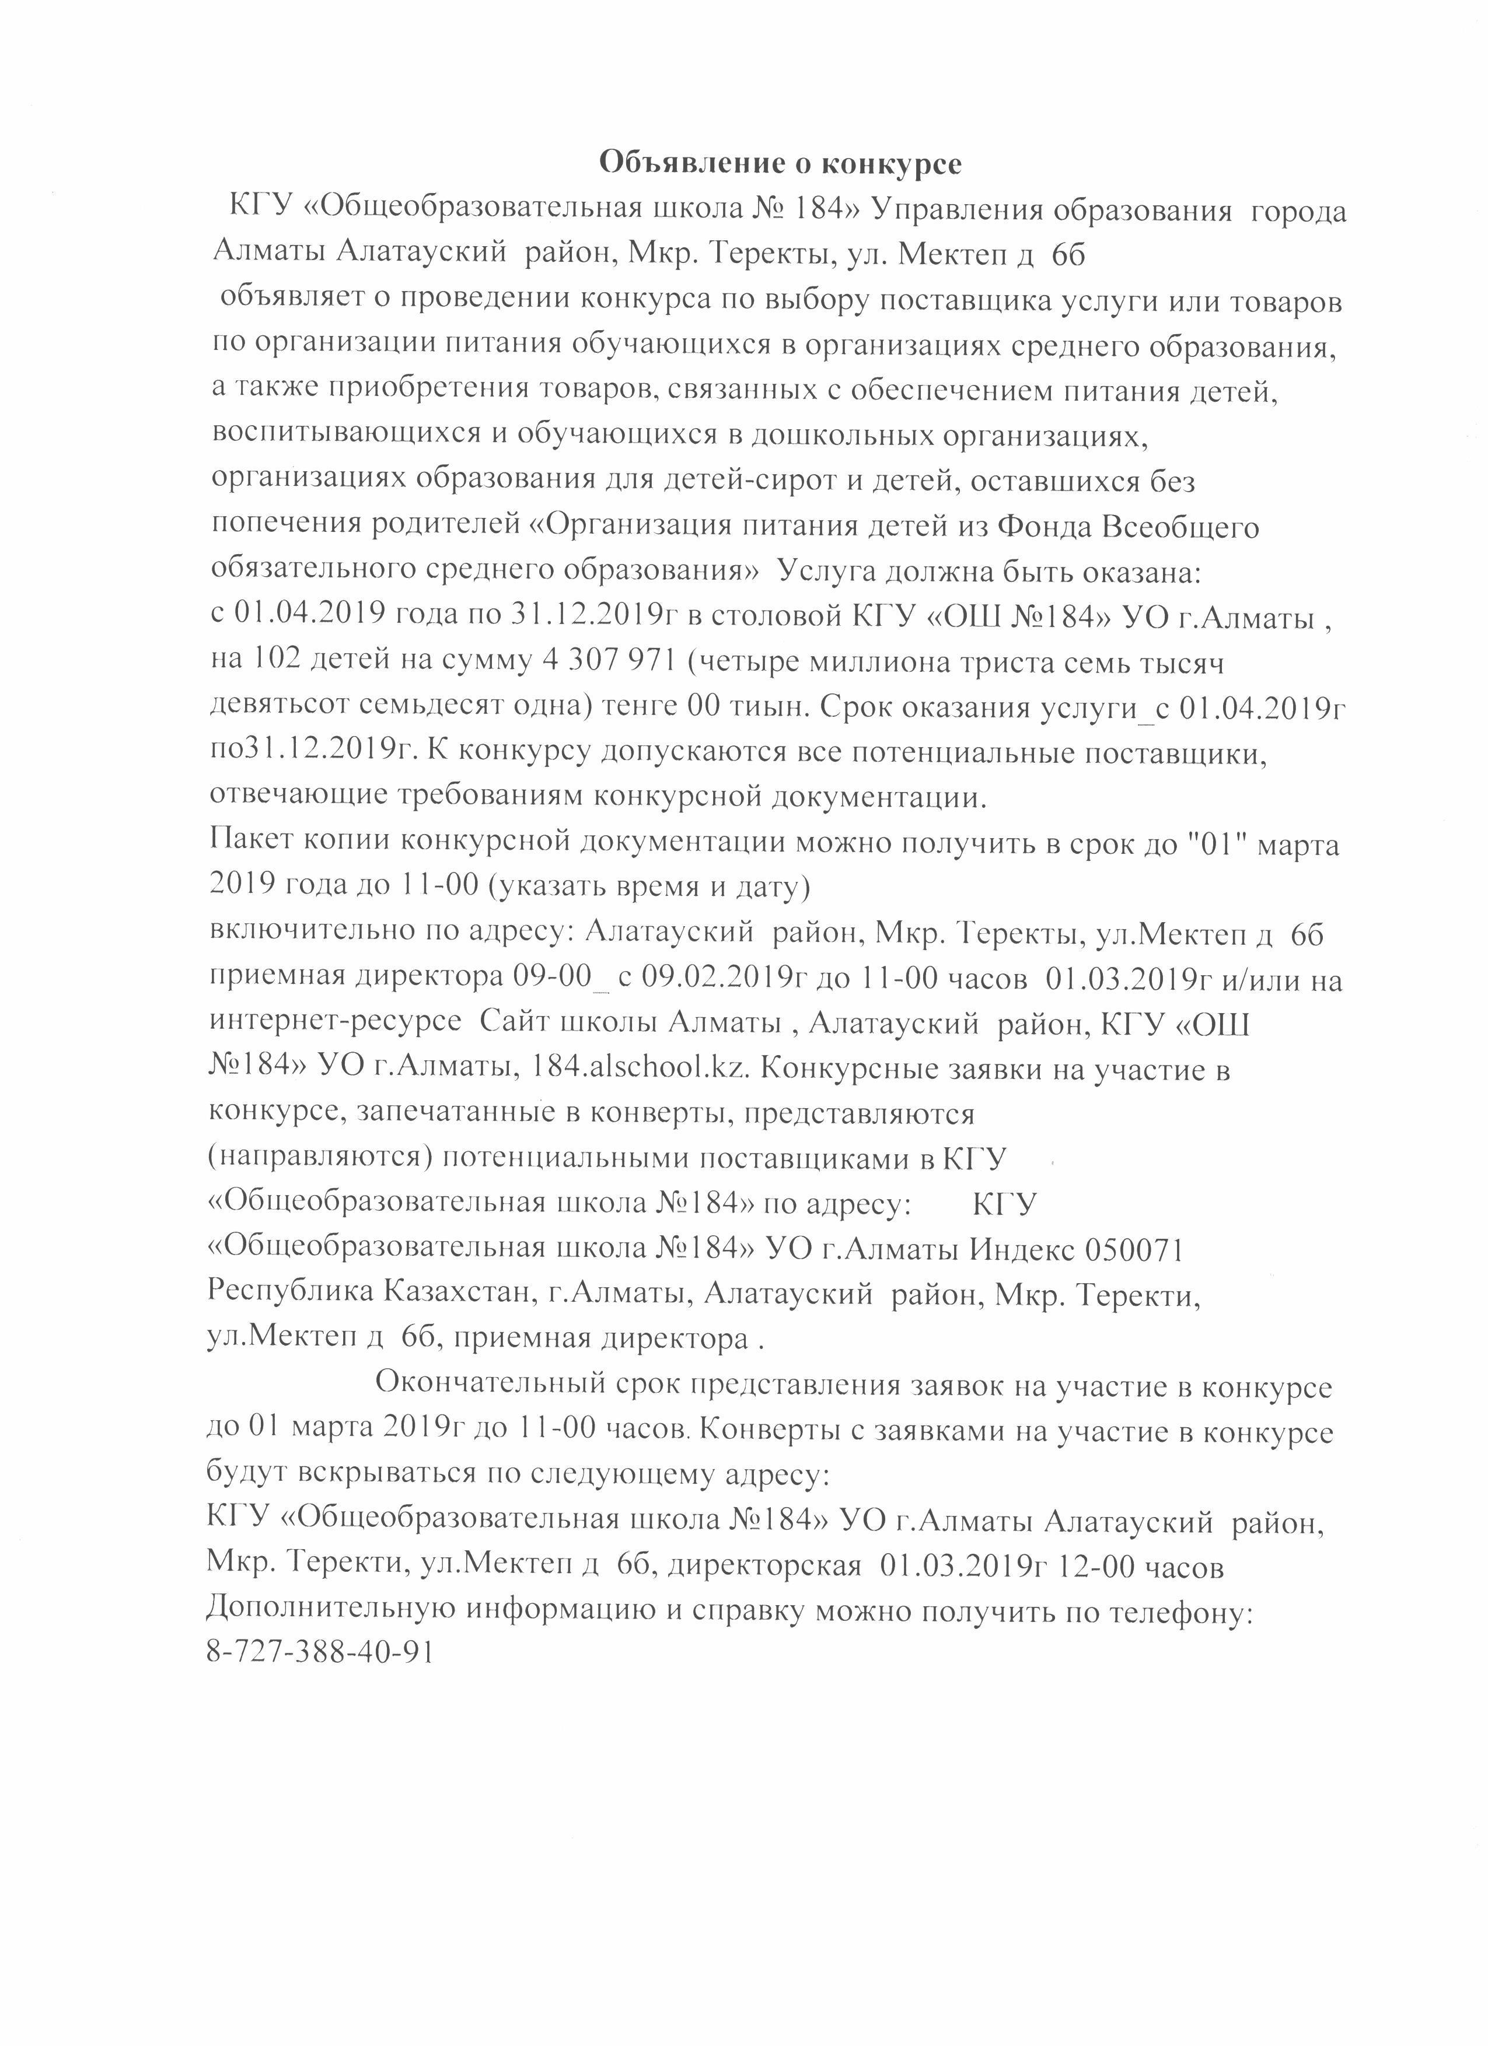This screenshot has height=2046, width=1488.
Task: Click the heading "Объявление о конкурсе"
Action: point(781,163)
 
